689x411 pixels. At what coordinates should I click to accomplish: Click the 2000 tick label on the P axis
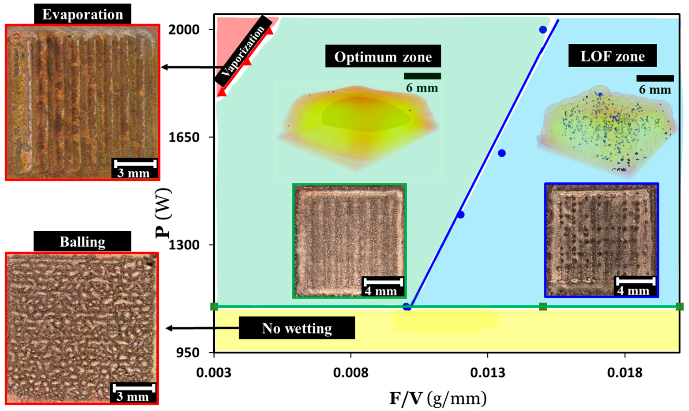[184, 29]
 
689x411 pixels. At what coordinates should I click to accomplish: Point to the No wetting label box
[297, 328]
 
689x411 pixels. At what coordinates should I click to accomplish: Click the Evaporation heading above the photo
[83, 14]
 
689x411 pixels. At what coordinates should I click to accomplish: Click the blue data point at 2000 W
[543, 30]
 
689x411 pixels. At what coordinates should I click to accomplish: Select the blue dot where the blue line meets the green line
[406, 307]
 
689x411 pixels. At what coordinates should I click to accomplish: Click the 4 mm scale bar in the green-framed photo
[383, 282]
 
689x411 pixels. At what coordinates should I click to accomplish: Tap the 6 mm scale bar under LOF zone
[655, 79]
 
